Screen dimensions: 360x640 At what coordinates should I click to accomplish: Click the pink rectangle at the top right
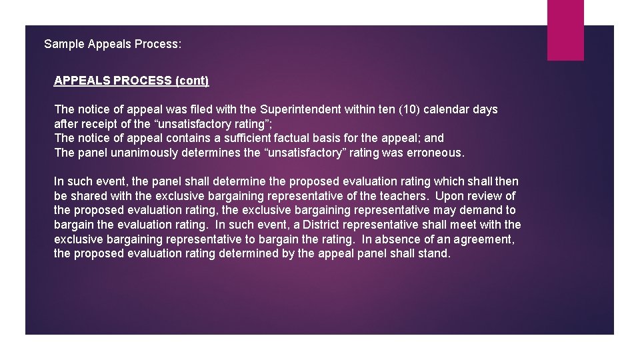tap(565, 30)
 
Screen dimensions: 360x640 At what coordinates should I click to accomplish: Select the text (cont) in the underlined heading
tap(191, 81)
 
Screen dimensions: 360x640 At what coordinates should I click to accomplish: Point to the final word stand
tap(435, 253)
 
